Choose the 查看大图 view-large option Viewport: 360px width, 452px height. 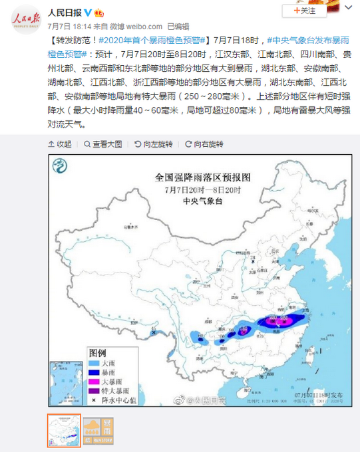pos(102,144)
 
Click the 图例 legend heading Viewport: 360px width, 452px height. pos(98,352)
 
